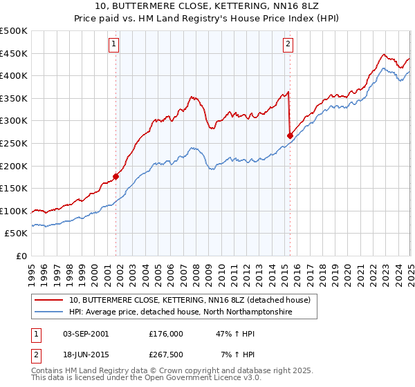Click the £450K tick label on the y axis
point(15,53)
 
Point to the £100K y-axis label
point(15,211)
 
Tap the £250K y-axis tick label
point(15,143)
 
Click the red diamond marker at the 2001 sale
point(116,176)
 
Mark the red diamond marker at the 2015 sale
point(289,135)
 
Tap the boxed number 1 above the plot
point(113,45)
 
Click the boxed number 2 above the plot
point(287,45)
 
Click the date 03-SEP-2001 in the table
point(86,334)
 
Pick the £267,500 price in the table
point(166,355)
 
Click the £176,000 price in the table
point(166,334)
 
